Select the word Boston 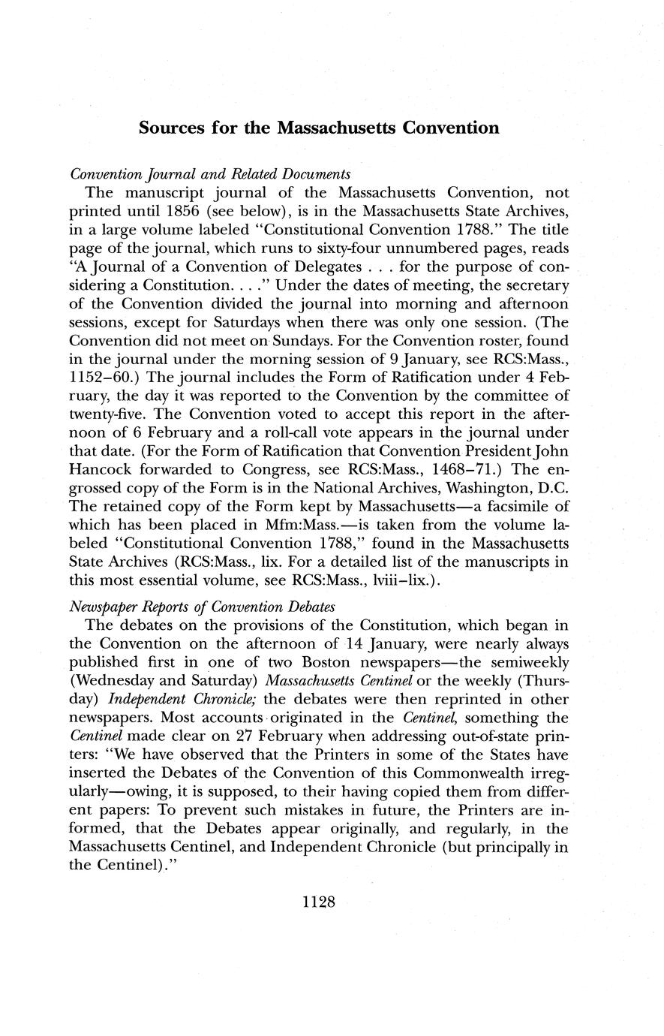332,664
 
